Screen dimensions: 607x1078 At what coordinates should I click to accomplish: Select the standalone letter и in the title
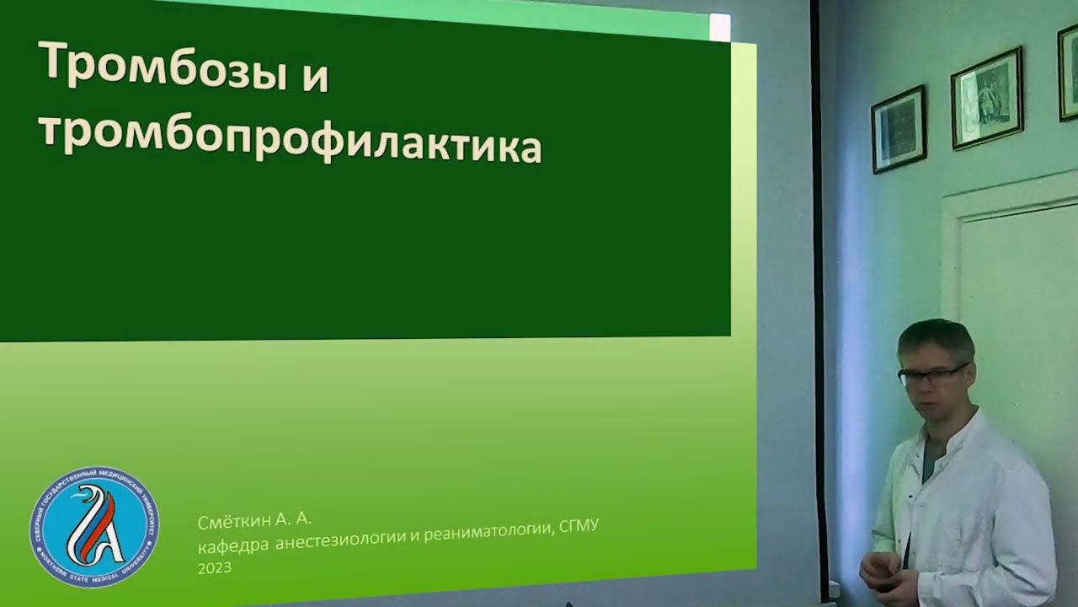click(313, 78)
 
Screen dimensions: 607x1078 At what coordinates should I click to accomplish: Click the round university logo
click(93, 527)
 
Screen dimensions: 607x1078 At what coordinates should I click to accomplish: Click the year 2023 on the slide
click(215, 568)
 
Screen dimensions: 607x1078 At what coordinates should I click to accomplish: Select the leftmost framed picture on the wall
click(899, 129)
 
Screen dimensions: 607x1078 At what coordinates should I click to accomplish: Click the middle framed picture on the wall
click(986, 98)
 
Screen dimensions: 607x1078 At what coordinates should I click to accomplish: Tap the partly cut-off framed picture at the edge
click(1068, 72)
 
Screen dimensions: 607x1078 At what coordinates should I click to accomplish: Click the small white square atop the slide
click(720, 27)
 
